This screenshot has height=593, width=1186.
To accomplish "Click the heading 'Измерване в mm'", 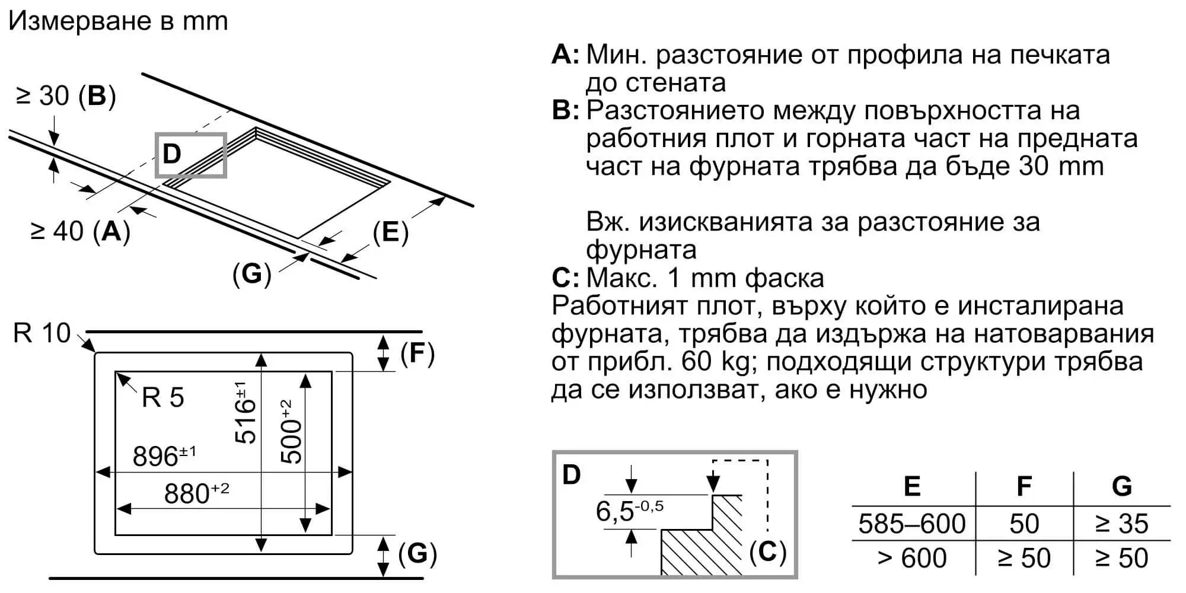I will (118, 21).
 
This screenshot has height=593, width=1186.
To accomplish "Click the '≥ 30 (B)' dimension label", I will (66, 95).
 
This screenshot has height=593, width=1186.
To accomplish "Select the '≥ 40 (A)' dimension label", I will (80, 231).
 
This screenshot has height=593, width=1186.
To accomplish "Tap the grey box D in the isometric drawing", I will (190, 155).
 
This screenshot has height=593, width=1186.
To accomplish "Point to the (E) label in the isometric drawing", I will (391, 232).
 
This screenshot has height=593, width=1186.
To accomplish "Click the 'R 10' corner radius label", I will (42, 333).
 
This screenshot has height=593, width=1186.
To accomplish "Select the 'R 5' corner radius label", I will (163, 397).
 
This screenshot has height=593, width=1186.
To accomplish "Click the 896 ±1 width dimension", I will (164, 456).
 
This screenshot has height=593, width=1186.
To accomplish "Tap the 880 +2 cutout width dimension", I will (196, 493).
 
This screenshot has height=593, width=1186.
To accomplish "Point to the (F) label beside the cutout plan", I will (417, 353).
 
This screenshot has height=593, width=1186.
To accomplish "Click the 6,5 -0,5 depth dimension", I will (629, 511).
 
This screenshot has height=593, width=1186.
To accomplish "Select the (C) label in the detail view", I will (767, 552).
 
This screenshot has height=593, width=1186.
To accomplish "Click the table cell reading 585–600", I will (911, 524).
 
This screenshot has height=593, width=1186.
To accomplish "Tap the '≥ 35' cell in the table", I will (1121, 524).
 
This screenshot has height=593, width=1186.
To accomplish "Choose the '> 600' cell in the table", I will (911, 558).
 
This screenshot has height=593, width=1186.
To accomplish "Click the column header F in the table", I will (1024, 486).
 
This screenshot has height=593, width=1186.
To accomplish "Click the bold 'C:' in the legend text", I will (565, 278).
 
